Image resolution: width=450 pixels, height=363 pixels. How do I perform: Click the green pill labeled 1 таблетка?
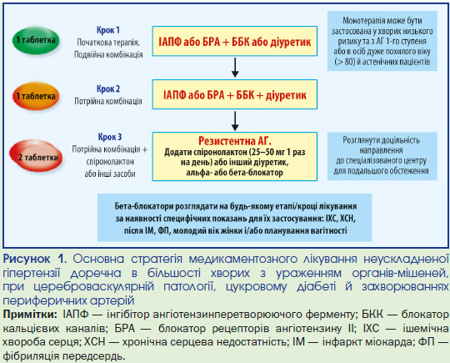point(36,41)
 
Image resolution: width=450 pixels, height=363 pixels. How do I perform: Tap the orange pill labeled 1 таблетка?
point(36,96)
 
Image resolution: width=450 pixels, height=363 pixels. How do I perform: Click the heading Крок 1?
point(108,30)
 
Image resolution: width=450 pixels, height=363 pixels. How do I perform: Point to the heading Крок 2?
point(108,88)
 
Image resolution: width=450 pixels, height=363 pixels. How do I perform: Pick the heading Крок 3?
point(110,137)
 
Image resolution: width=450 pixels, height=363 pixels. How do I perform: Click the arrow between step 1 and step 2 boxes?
point(235,68)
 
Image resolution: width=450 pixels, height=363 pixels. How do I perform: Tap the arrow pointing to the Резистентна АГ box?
point(235,121)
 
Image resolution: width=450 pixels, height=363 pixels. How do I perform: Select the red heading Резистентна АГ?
point(235,141)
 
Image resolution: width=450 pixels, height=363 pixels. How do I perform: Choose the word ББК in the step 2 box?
point(245,95)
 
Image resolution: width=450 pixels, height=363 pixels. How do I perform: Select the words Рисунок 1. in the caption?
point(35,260)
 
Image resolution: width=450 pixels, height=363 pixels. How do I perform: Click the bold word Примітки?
point(30,315)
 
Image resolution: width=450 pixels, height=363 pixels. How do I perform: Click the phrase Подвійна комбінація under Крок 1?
point(108,54)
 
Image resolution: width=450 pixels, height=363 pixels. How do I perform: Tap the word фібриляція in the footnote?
point(30,356)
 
